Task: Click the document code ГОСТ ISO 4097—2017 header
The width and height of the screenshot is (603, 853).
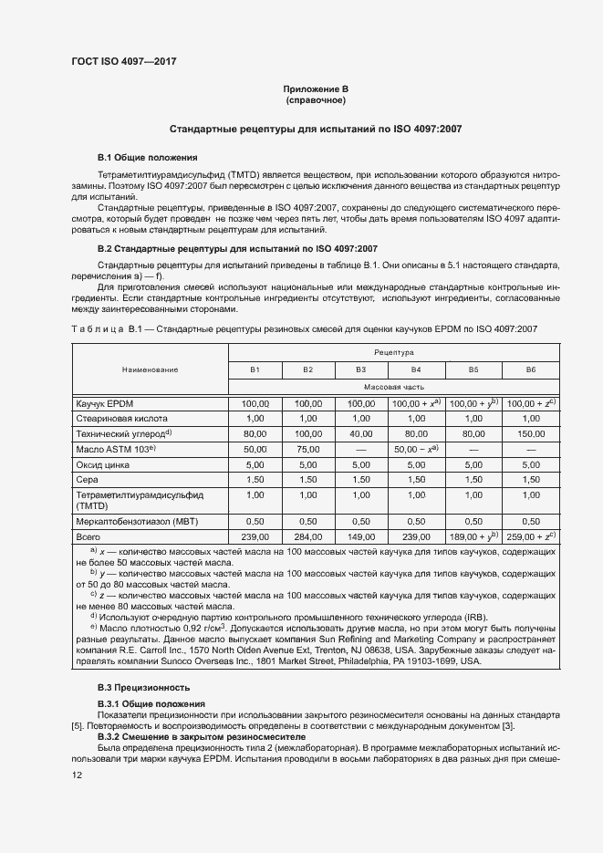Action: pos(124,61)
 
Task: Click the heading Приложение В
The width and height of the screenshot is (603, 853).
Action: pos(315,88)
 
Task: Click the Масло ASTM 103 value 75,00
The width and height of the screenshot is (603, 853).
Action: pos(308,448)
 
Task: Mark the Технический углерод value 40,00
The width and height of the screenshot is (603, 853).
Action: pos(361,433)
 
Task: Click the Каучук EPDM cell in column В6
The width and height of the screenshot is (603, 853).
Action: pos(530,402)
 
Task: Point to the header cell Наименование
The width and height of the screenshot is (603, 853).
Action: pos(150,369)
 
